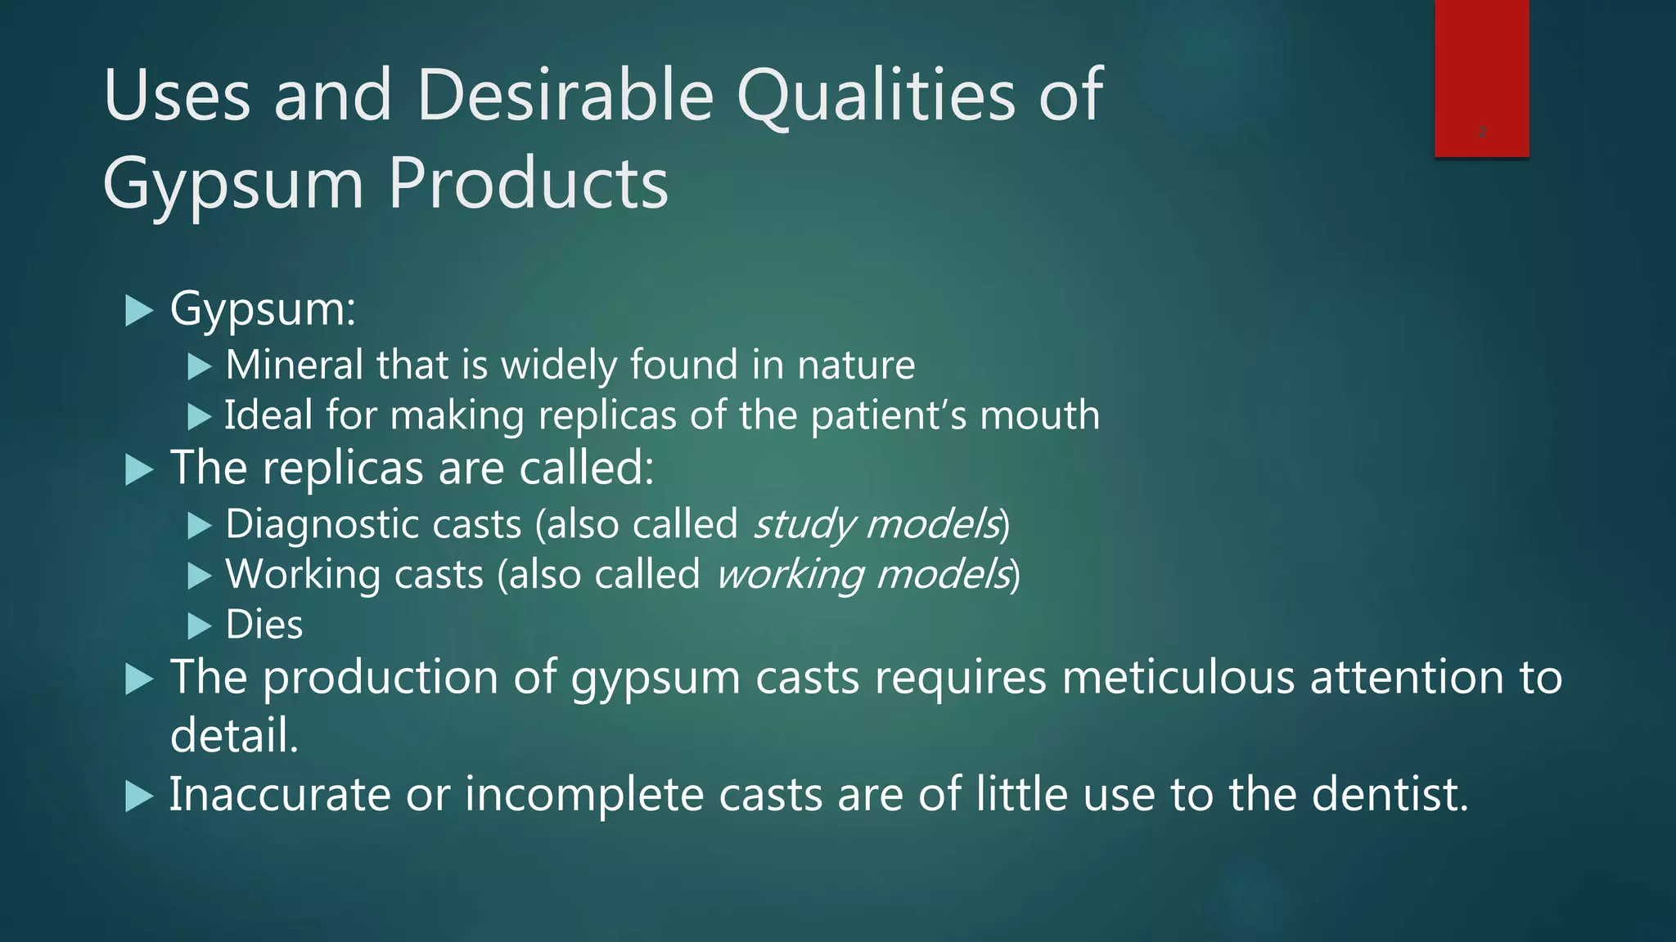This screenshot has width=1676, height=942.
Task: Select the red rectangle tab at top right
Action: coord(1481,78)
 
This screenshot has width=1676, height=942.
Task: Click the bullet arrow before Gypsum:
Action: coord(139,311)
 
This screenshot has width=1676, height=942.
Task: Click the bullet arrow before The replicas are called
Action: coord(139,470)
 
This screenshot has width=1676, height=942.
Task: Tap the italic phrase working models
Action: coord(864,575)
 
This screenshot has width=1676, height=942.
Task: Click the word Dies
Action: coord(264,626)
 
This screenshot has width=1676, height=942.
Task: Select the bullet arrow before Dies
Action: coord(199,626)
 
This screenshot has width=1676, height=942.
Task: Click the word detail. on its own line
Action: coord(234,735)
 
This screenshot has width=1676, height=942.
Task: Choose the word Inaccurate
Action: coord(280,795)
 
